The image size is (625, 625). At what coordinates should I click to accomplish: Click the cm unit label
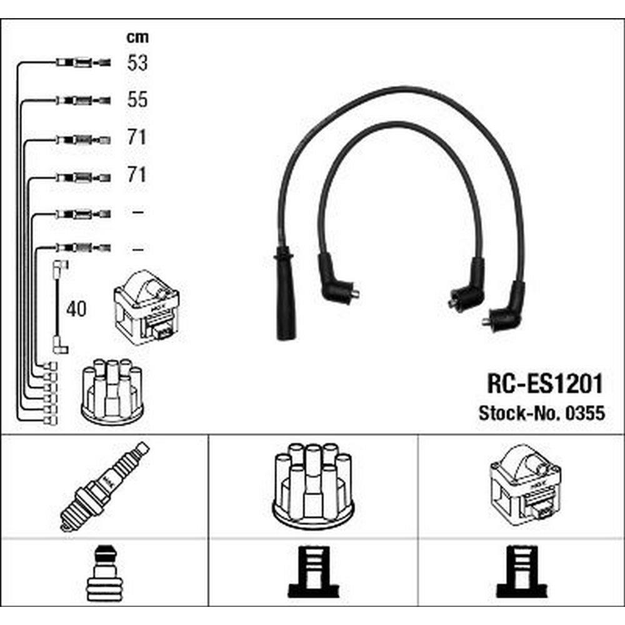point(137,37)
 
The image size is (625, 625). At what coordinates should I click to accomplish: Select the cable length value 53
point(137,62)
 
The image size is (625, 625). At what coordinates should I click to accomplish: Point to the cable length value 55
point(137,99)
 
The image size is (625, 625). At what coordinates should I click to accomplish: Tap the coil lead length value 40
point(76,309)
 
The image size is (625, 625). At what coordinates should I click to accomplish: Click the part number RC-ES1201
point(545,384)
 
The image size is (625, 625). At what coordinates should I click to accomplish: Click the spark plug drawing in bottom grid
point(105,487)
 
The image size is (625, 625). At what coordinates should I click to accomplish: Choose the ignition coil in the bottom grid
point(526,485)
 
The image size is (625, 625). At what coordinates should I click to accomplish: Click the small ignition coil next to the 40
point(146,307)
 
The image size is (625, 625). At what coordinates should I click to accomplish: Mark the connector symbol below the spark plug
point(103,572)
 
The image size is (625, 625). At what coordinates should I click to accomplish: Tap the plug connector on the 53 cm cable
point(83,62)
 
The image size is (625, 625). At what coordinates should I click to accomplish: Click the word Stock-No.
point(520,413)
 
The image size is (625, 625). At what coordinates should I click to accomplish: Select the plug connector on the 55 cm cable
point(83,100)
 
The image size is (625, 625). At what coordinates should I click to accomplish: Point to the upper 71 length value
point(137,137)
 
